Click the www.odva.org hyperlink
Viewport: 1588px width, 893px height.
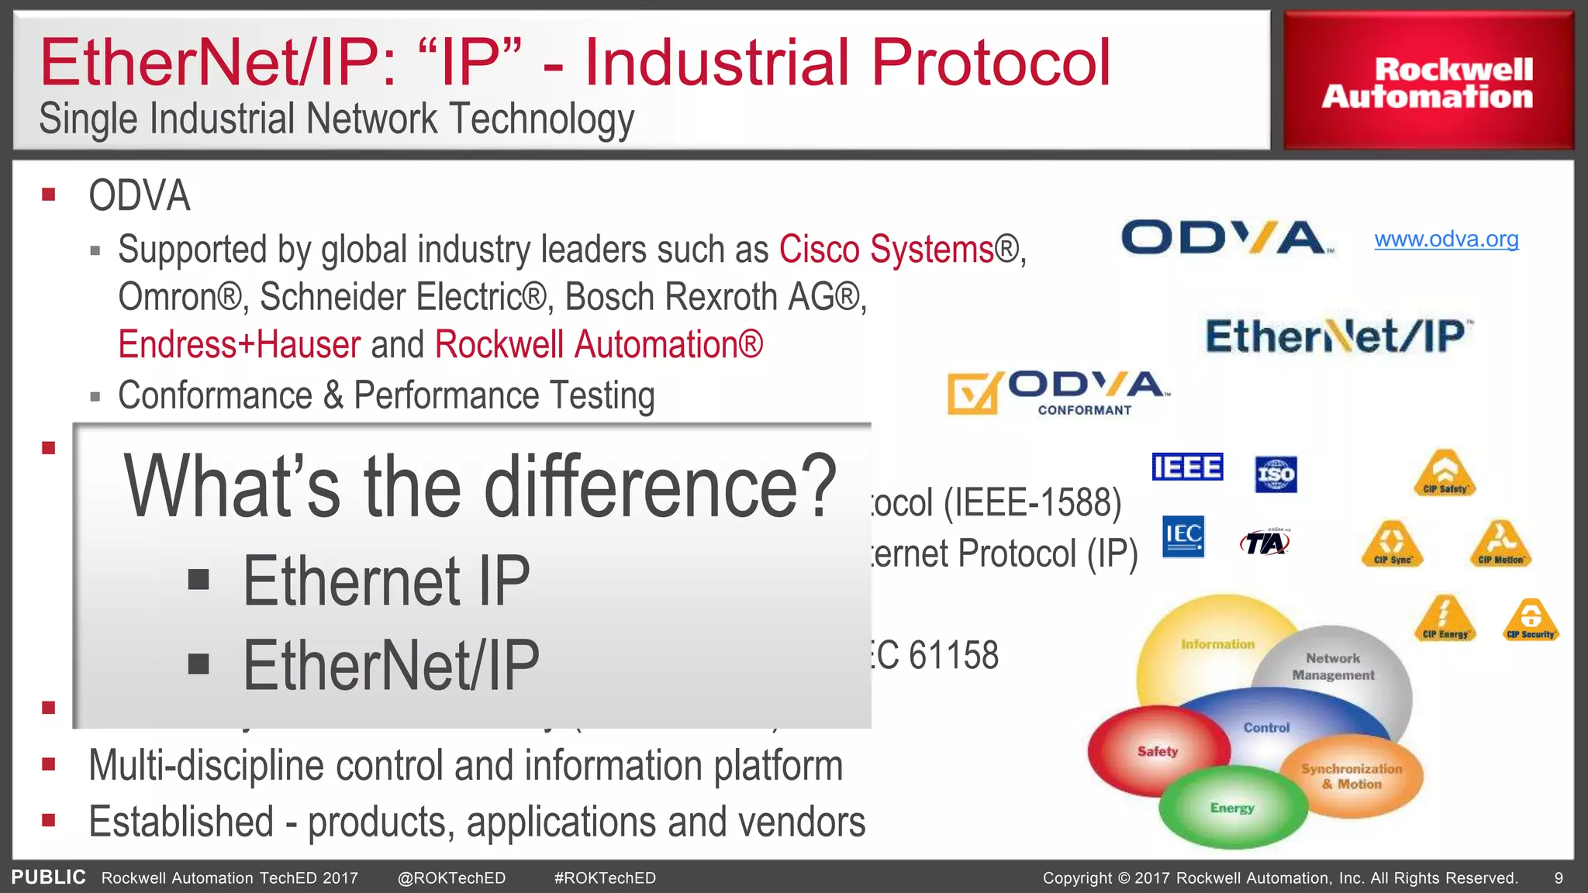coord(1446,240)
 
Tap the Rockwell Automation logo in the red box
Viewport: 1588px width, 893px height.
coord(1427,82)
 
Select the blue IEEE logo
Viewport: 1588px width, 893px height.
coord(1187,467)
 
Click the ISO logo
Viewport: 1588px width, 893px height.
coord(1276,474)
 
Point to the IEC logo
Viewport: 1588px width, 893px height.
coord(1183,536)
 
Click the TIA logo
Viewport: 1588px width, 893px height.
coord(1265,542)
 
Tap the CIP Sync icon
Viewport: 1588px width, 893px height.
coord(1393,543)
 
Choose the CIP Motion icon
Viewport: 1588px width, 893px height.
coord(1501,543)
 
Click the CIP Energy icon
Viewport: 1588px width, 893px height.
coord(1445,618)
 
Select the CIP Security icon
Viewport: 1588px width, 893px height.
coord(1531,619)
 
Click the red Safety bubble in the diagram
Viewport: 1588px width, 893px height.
coord(1158,750)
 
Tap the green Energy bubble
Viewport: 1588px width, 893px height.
coord(1232,807)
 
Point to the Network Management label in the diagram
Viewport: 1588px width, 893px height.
coord(1333,666)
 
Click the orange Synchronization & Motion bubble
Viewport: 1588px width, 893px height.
coord(1352,776)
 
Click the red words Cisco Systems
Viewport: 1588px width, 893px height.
coord(886,250)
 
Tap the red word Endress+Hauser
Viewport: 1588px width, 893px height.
coord(239,344)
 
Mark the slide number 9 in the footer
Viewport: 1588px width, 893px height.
coord(1559,878)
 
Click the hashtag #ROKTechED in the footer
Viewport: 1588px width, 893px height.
coord(605,878)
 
